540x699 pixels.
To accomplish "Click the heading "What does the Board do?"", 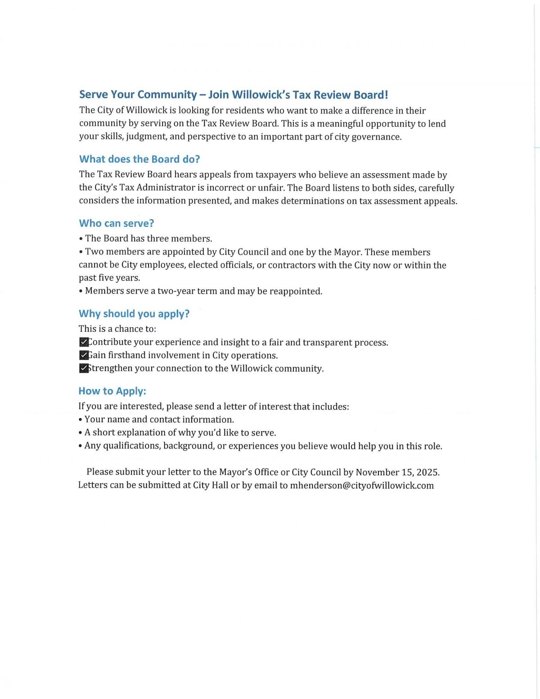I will tap(139, 159).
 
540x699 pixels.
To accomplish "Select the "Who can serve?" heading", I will tap(117, 223).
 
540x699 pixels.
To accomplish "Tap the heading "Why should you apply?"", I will tap(134, 314).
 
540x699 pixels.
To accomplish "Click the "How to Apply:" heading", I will tap(112, 391).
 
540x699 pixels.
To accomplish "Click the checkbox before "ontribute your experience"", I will tap(84, 343).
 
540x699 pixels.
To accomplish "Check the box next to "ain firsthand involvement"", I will tap(84, 356).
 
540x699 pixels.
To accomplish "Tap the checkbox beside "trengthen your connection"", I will tap(84, 369).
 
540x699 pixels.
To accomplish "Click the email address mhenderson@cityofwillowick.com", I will tap(362, 486).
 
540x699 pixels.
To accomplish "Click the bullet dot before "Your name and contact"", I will tap(80, 420).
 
